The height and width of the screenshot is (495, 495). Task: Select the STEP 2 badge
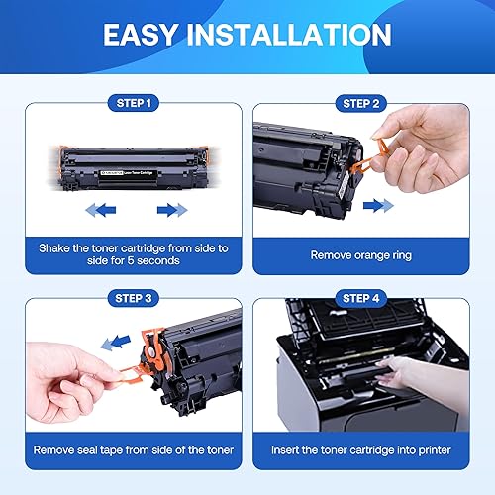click(368, 102)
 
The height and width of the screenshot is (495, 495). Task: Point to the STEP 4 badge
click(368, 295)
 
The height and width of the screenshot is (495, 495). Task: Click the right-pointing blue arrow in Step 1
click(170, 209)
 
